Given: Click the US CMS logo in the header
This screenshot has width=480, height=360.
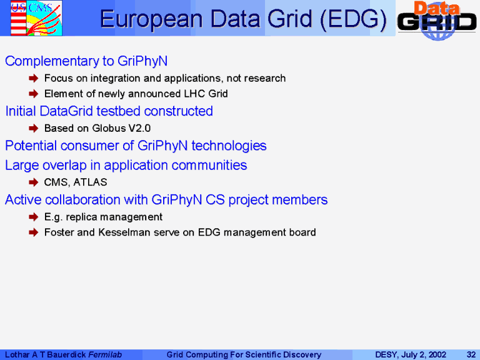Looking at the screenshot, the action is (36, 17).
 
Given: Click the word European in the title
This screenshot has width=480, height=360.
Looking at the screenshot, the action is (151, 19).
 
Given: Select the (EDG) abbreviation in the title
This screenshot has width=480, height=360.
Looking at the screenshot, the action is (353, 19).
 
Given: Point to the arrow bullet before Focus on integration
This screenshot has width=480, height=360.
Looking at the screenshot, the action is (33, 78).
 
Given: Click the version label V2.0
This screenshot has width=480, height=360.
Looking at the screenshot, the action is (139, 128).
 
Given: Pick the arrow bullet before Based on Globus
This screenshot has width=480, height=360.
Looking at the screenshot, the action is (33, 128).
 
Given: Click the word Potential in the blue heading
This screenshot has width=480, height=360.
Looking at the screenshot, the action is (31, 146).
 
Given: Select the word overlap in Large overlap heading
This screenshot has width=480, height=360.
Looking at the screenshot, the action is (64, 166).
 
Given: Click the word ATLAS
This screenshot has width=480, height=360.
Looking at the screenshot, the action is (90, 182).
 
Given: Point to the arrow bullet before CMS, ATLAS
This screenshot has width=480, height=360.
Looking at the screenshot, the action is (33, 182).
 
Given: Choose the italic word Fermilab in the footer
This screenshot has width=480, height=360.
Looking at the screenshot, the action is (105, 355).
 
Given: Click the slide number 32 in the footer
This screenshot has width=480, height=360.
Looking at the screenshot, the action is (471, 355).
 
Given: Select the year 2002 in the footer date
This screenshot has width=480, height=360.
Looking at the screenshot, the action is (437, 355).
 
